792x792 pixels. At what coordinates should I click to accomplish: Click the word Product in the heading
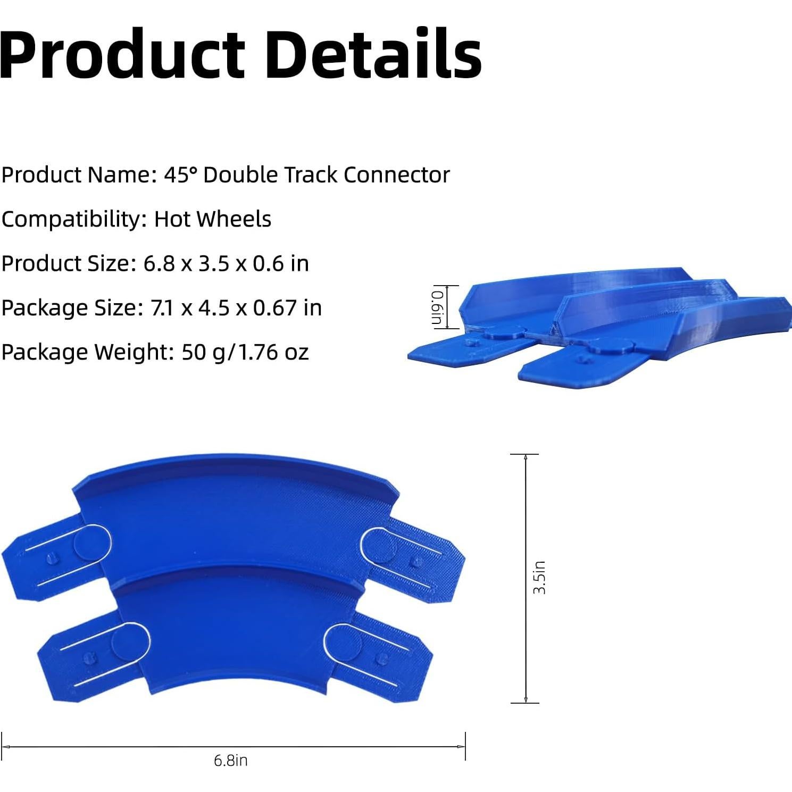tap(122, 54)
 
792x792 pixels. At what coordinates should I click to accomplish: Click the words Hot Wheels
tap(213, 219)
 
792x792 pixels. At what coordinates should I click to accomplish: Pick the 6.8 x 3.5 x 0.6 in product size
tap(226, 264)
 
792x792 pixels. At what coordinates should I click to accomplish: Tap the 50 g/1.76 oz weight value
tap(245, 352)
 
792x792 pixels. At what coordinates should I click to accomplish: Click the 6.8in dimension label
tap(231, 761)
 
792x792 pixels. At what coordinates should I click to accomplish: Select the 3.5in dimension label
tap(539, 578)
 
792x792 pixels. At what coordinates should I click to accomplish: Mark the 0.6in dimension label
tap(437, 307)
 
